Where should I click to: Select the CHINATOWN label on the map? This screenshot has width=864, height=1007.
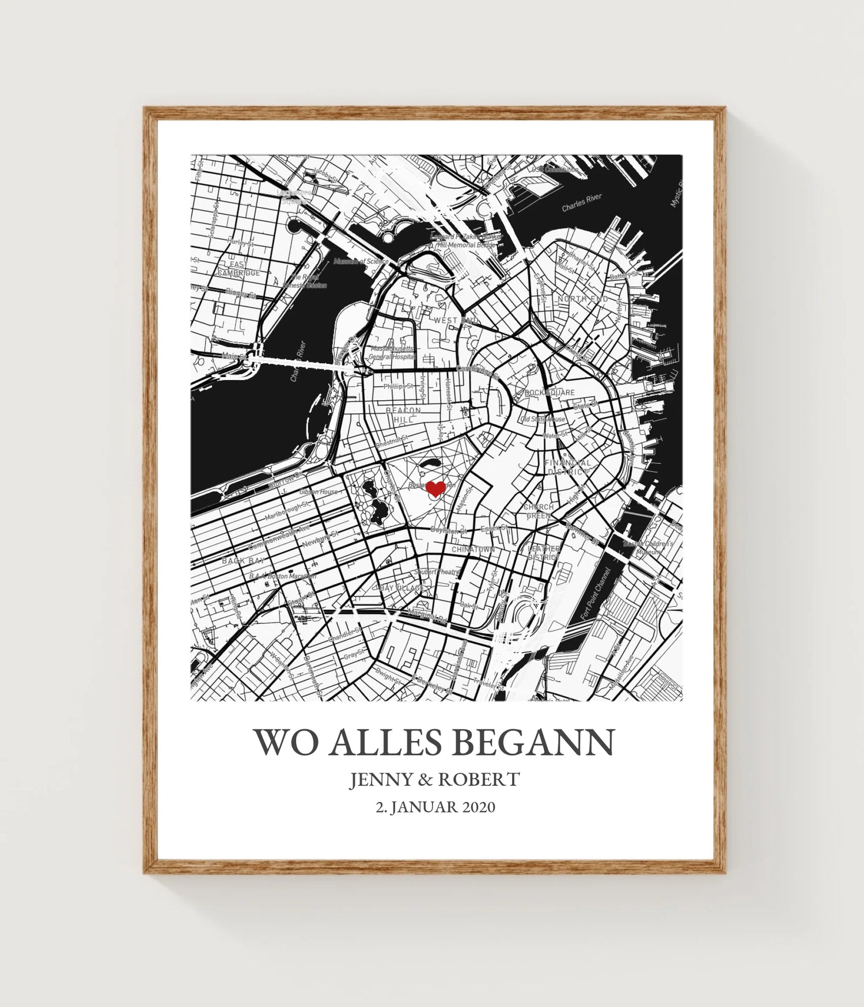[473, 550]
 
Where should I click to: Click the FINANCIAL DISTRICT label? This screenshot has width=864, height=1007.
[567, 467]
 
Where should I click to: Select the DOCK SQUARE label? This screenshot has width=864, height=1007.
[550, 393]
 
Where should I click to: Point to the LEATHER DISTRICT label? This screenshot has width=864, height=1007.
[544, 553]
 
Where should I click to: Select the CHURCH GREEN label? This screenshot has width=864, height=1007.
[539, 511]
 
